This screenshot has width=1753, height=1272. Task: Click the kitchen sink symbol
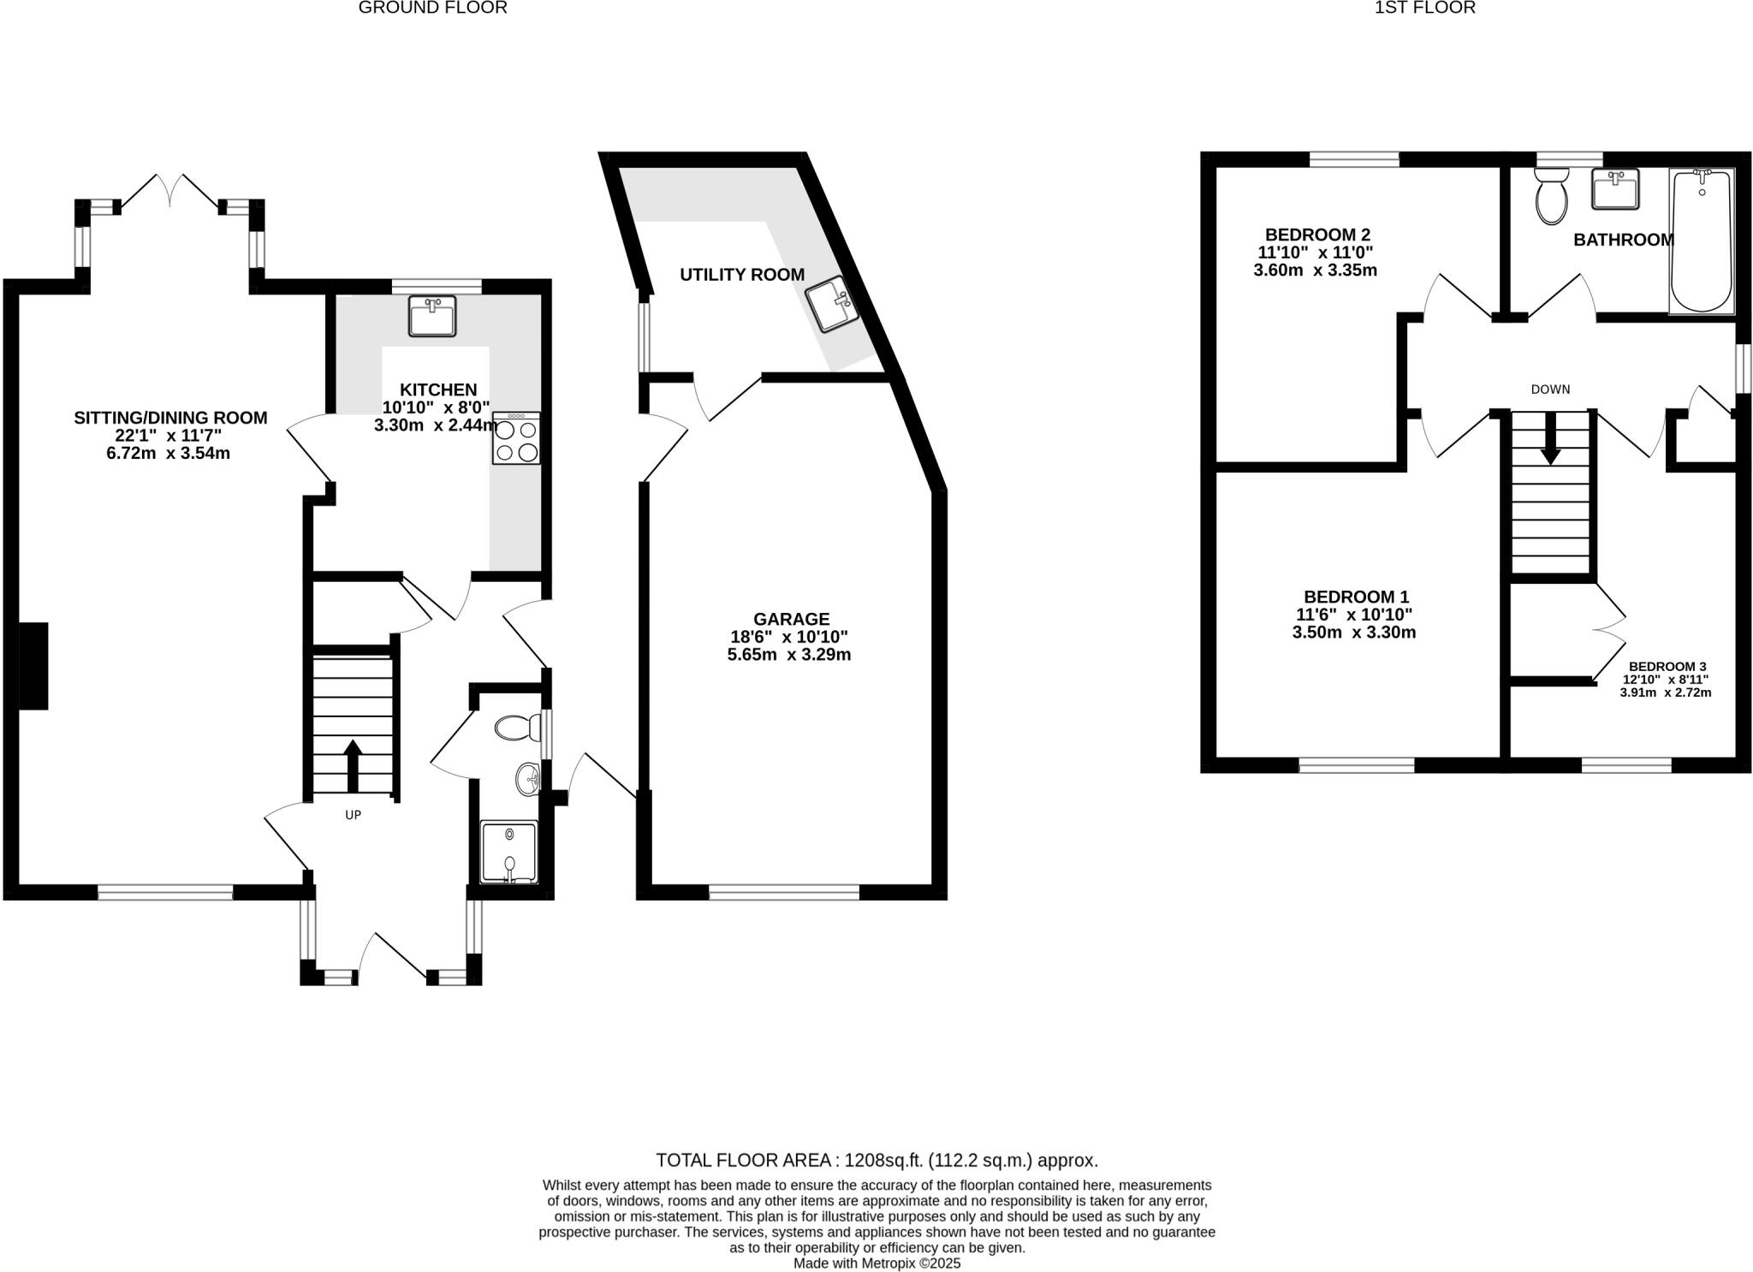click(x=432, y=315)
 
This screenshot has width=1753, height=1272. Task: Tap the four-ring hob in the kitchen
click(x=516, y=439)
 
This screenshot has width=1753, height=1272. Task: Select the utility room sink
click(x=832, y=305)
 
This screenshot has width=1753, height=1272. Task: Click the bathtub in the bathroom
click(x=1702, y=242)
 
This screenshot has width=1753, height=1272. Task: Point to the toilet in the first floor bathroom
click(x=1551, y=196)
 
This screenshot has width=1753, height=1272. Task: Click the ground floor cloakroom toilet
click(x=517, y=728)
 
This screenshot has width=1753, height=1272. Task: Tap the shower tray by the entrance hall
click(x=509, y=851)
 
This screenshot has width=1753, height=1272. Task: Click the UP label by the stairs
click(x=353, y=815)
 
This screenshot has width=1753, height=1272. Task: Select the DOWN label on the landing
click(x=1550, y=389)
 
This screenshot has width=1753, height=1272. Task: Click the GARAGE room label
click(x=791, y=619)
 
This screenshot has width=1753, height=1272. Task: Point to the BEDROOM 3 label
click(x=1667, y=666)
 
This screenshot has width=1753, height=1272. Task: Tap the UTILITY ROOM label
click(x=742, y=275)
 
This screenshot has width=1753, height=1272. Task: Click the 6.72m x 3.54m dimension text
click(x=169, y=454)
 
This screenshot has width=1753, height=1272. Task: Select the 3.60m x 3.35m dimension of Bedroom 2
click(x=1315, y=270)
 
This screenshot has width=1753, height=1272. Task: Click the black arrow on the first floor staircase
click(x=1550, y=447)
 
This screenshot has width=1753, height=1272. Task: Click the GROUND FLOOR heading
click(x=432, y=8)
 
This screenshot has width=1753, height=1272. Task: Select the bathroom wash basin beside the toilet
click(x=1615, y=189)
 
